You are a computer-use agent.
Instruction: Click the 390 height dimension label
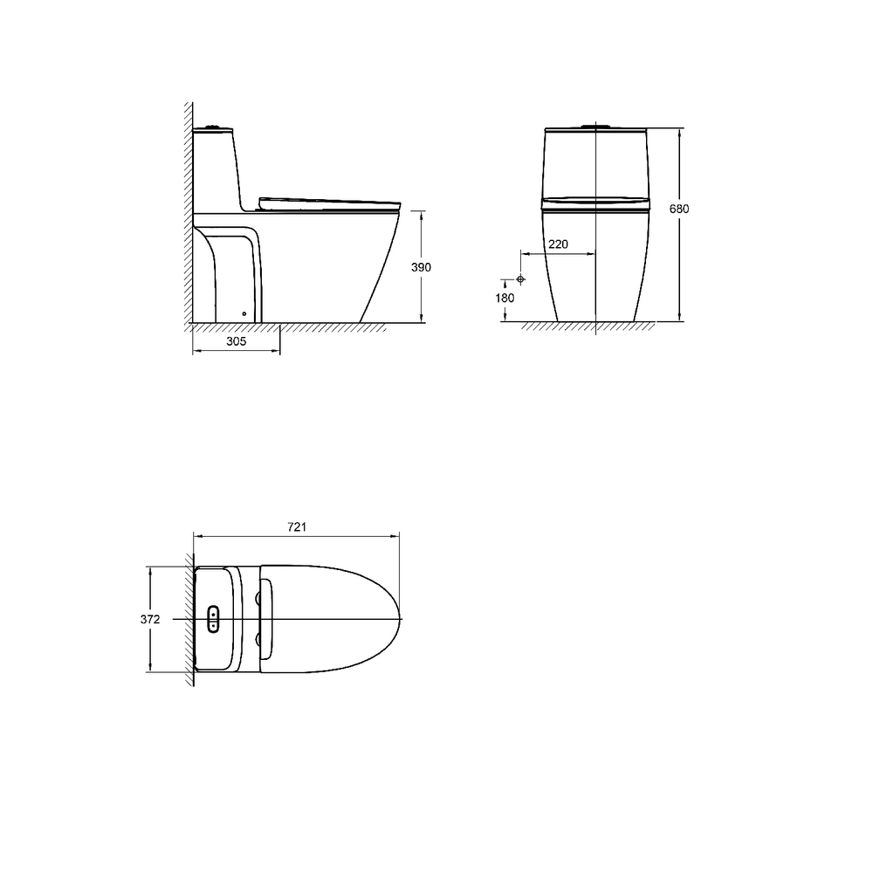421,267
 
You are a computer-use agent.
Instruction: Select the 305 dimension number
236,341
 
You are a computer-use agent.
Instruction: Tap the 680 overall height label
679,209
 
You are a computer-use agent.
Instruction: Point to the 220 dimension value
558,244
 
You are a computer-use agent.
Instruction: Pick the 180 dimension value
505,298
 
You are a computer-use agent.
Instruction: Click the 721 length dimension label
297,526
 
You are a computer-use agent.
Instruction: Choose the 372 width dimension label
150,619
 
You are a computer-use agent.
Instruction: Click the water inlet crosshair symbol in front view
520,279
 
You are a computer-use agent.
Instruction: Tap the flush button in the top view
213,619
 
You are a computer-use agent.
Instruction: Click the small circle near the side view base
244,313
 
